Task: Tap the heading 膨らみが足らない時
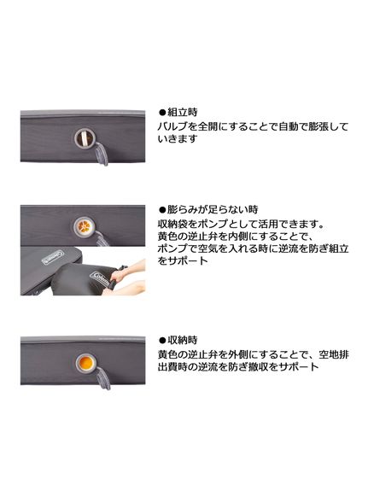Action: click(213, 209)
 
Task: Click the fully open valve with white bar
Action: click(85, 138)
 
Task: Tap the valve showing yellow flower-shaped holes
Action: click(84, 225)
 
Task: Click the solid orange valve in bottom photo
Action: click(86, 363)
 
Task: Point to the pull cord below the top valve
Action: click(102, 155)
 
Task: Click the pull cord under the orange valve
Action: click(103, 379)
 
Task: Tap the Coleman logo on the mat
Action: click(53, 257)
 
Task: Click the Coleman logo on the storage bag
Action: click(100, 279)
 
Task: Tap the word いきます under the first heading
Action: click(178, 139)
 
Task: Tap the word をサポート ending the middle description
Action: click(183, 260)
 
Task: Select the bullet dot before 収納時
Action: click(162, 341)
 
